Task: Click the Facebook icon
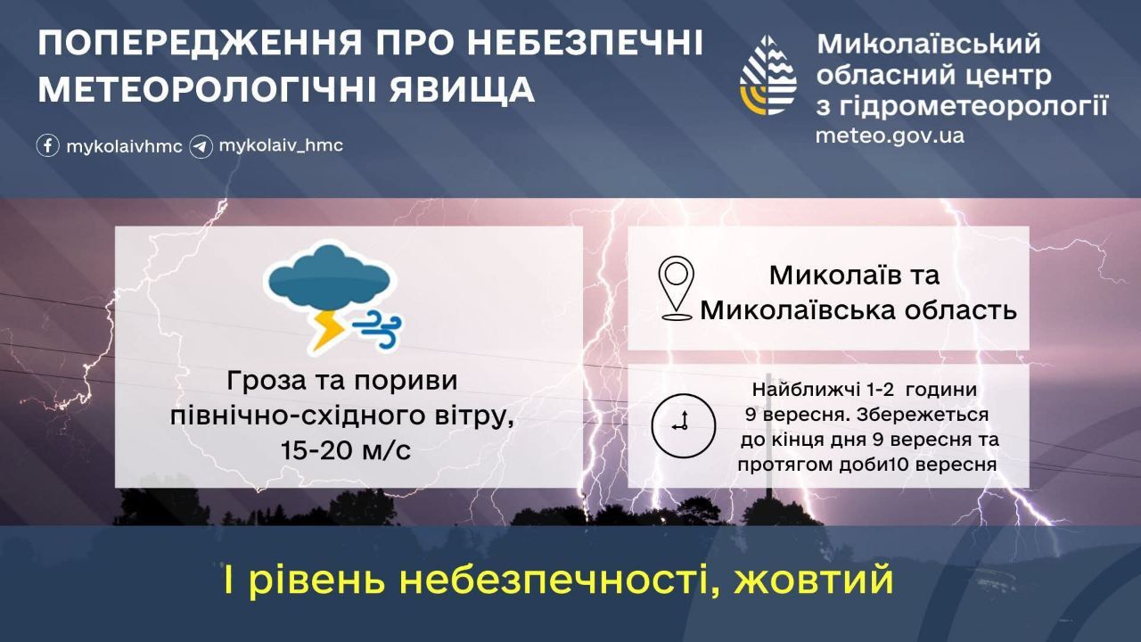48,145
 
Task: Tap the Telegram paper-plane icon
201,147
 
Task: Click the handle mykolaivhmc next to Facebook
124,147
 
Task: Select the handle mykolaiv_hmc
281,146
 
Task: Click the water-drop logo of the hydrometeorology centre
768,76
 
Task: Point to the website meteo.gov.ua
890,136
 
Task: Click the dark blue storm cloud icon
330,277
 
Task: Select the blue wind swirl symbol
377,329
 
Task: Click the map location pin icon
676,288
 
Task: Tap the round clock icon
684,425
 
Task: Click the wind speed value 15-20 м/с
346,450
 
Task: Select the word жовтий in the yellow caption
814,580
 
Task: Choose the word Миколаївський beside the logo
929,44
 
